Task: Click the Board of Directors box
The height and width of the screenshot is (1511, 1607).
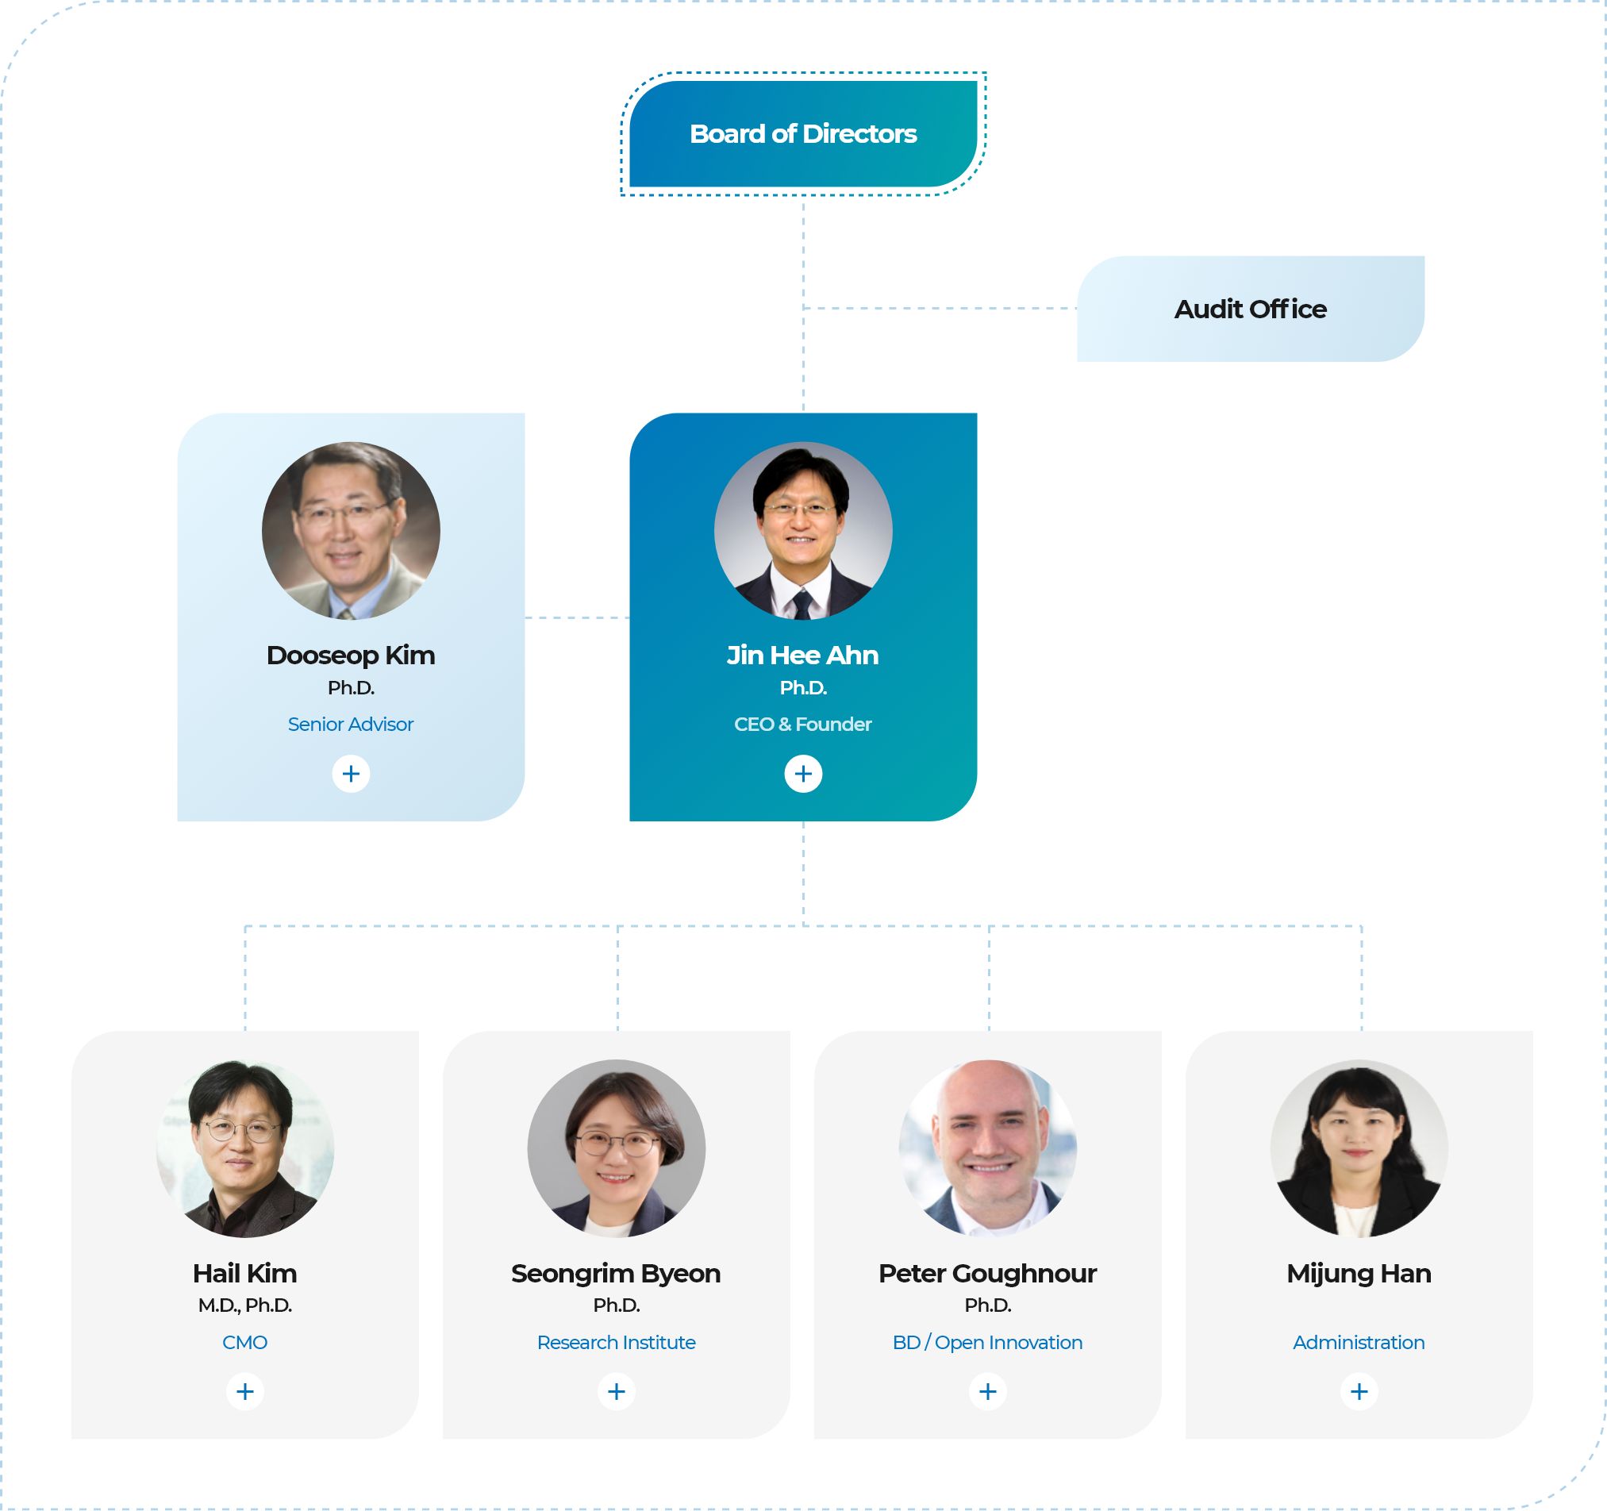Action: (x=802, y=133)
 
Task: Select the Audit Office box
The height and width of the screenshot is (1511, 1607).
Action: (x=1250, y=309)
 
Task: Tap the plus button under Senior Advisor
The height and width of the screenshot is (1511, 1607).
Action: (x=351, y=774)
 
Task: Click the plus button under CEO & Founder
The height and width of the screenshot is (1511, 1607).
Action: (x=802, y=774)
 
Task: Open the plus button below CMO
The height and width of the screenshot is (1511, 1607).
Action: (x=245, y=1391)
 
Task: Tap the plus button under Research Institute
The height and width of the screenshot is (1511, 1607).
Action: (x=616, y=1391)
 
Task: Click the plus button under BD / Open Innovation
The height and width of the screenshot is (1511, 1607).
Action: (x=987, y=1391)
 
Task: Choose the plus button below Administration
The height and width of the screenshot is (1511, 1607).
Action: (x=1359, y=1391)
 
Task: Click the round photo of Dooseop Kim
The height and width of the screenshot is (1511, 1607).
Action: (x=351, y=530)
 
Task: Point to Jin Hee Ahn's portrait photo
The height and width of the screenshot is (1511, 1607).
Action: (x=802, y=530)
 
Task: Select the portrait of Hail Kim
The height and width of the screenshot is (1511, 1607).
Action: (x=245, y=1148)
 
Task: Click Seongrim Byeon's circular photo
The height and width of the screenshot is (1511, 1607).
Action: (x=616, y=1148)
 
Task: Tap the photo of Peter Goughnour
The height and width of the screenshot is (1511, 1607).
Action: (x=987, y=1148)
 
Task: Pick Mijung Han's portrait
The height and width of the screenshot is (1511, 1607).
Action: (x=1359, y=1148)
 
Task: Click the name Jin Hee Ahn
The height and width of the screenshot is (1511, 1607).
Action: (x=802, y=655)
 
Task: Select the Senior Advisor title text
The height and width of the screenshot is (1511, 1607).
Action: (x=351, y=725)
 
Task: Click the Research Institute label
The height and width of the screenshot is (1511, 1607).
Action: (x=616, y=1342)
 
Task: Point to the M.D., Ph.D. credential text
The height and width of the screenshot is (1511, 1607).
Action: (x=245, y=1305)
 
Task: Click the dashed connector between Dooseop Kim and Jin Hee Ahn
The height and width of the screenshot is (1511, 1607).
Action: (x=577, y=617)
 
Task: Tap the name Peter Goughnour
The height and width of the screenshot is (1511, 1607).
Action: (x=987, y=1273)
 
